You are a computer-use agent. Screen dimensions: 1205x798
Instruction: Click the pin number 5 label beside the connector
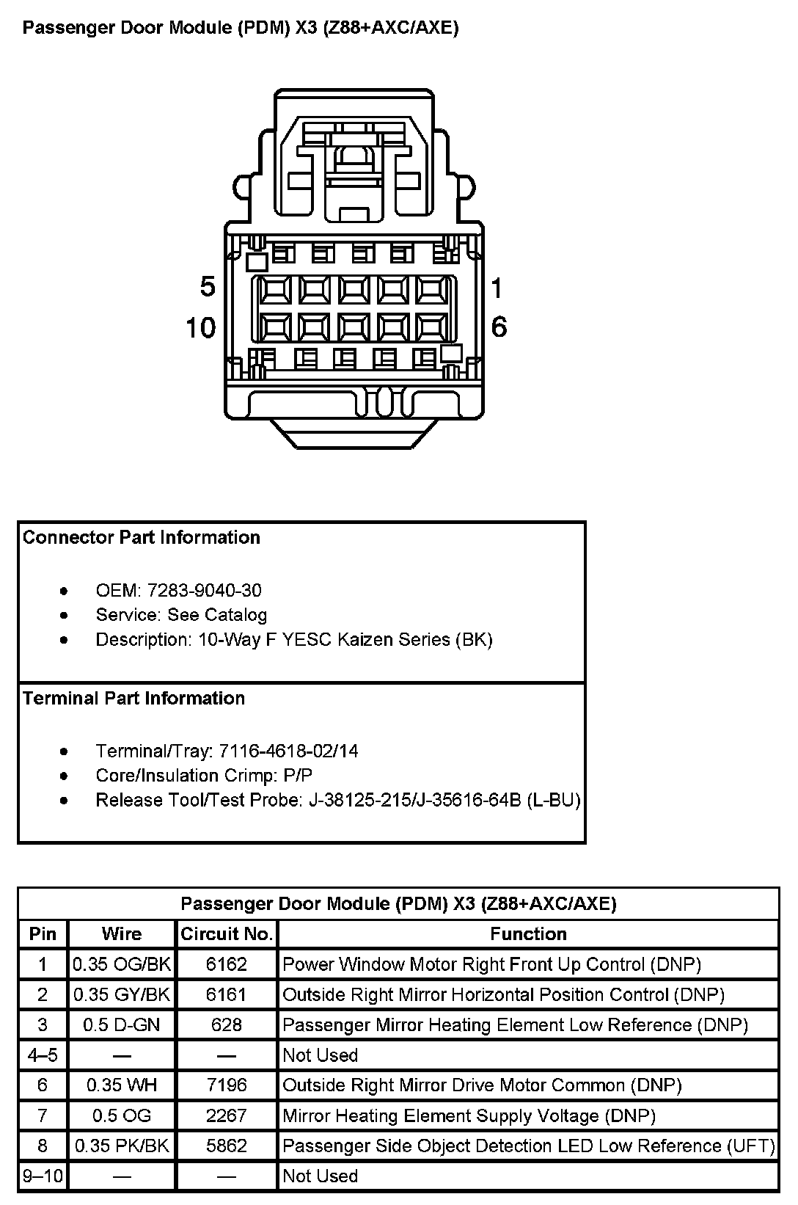click(x=208, y=287)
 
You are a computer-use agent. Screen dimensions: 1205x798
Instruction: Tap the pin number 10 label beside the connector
click(x=200, y=327)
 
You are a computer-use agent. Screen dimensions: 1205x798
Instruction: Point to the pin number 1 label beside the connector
click(x=497, y=288)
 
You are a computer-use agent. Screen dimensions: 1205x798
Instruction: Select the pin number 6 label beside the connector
click(x=499, y=327)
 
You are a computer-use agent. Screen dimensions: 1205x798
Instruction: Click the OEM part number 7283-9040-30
click(x=204, y=591)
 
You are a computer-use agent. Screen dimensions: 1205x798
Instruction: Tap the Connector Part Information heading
click(x=142, y=538)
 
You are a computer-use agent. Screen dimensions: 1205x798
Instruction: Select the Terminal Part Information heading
click(x=133, y=699)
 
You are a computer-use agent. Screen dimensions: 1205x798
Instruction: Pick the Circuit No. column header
click(x=227, y=934)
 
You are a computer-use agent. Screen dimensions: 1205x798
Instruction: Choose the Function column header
click(x=528, y=934)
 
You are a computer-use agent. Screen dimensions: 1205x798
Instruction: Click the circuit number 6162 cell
click(x=227, y=964)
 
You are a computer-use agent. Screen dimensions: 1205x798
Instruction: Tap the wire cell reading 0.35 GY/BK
click(x=122, y=994)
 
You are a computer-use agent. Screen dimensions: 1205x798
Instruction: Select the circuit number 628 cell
click(x=227, y=1024)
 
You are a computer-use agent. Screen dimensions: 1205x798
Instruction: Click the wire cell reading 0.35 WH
click(x=122, y=1085)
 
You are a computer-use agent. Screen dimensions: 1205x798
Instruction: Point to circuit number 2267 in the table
click(x=227, y=1115)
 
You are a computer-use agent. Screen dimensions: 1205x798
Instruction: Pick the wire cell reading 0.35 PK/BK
click(x=122, y=1146)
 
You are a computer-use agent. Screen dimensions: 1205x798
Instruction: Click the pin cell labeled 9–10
click(x=43, y=1176)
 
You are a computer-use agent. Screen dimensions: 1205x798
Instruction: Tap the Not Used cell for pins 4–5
click(x=321, y=1055)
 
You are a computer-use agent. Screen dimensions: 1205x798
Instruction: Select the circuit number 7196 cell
click(x=227, y=1085)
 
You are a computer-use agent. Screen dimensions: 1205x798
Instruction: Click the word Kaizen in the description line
click(x=365, y=640)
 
